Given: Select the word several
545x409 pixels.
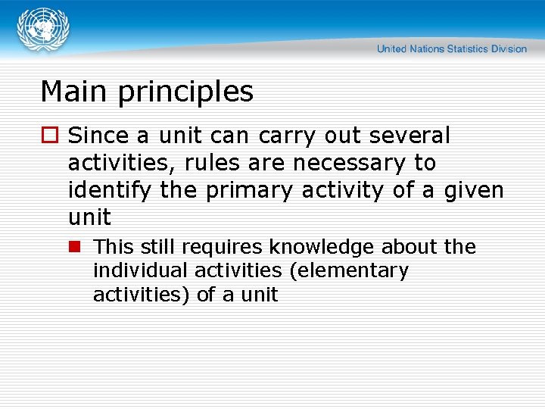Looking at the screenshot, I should tap(410, 136).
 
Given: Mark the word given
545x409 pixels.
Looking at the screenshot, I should tap(474, 191).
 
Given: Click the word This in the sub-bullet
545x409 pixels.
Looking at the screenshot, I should tap(112, 247).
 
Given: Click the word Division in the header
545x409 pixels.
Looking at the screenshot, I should tap(508, 49).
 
